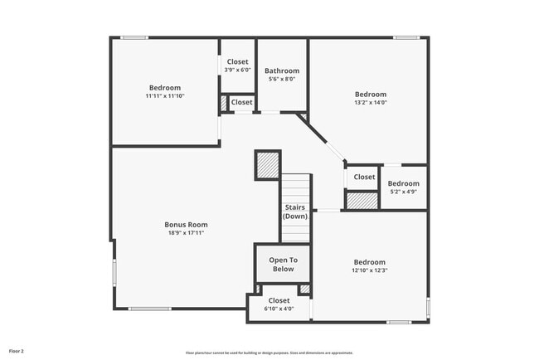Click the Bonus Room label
click(186, 224)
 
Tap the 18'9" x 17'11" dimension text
click(186, 233)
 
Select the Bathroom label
click(282, 71)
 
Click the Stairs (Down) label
click(295, 212)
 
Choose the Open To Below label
click(282, 264)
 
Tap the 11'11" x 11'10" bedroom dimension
click(164, 96)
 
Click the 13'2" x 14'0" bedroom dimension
click(371, 103)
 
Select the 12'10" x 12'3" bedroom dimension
click(370, 270)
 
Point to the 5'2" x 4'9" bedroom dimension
click(404, 192)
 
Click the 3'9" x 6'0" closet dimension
click(237, 70)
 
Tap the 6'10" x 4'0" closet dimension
click(279, 309)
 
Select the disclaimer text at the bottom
click(269, 353)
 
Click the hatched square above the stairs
click(267, 165)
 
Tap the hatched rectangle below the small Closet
click(362, 200)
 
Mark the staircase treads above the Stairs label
click(295, 187)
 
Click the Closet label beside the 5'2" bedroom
click(364, 177)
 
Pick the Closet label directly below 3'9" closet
click(241, 102)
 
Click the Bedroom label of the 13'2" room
click(371, 94)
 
